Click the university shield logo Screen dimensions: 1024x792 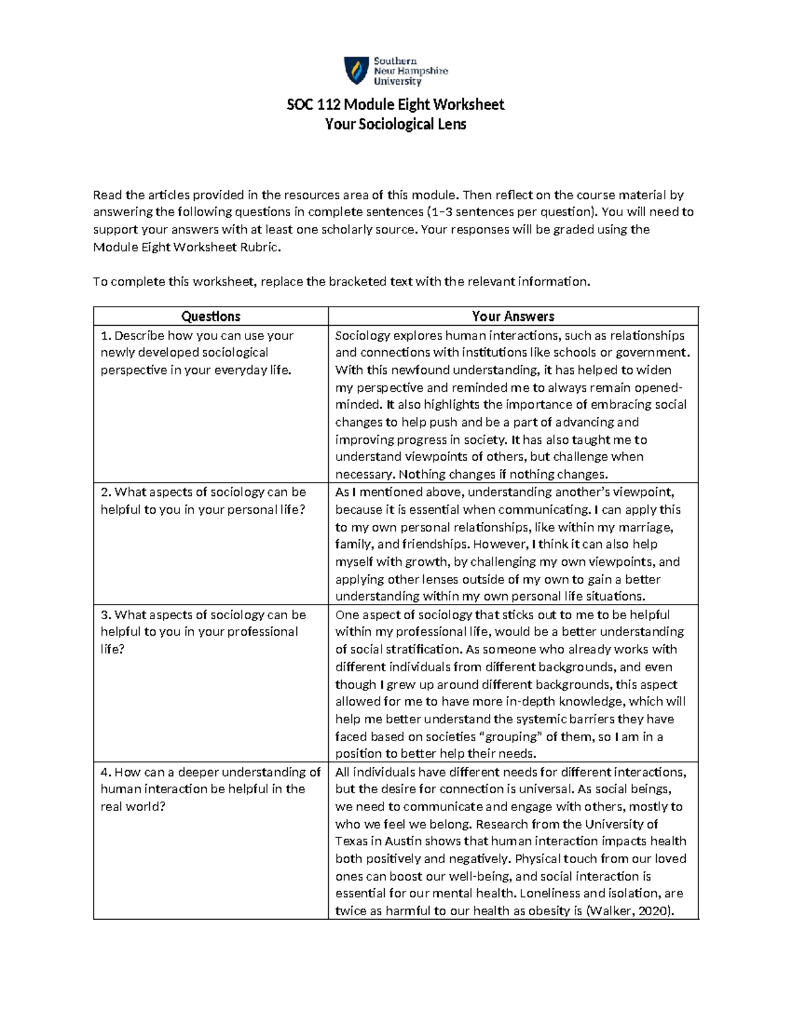tap(356, 71)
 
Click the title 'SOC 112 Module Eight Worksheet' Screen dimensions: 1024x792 tap(395, 105)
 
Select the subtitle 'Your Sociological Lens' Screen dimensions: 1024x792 tap(395, 124)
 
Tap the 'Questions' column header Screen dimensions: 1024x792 tap(211, 316)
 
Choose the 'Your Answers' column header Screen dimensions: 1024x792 tap(513, 316)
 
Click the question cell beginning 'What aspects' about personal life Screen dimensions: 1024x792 tap(203, 500)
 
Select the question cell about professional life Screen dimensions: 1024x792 tap(203, 632)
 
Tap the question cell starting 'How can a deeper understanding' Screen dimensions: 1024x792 tap(210, 789)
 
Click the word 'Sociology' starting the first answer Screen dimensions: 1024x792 tap(362, 336)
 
